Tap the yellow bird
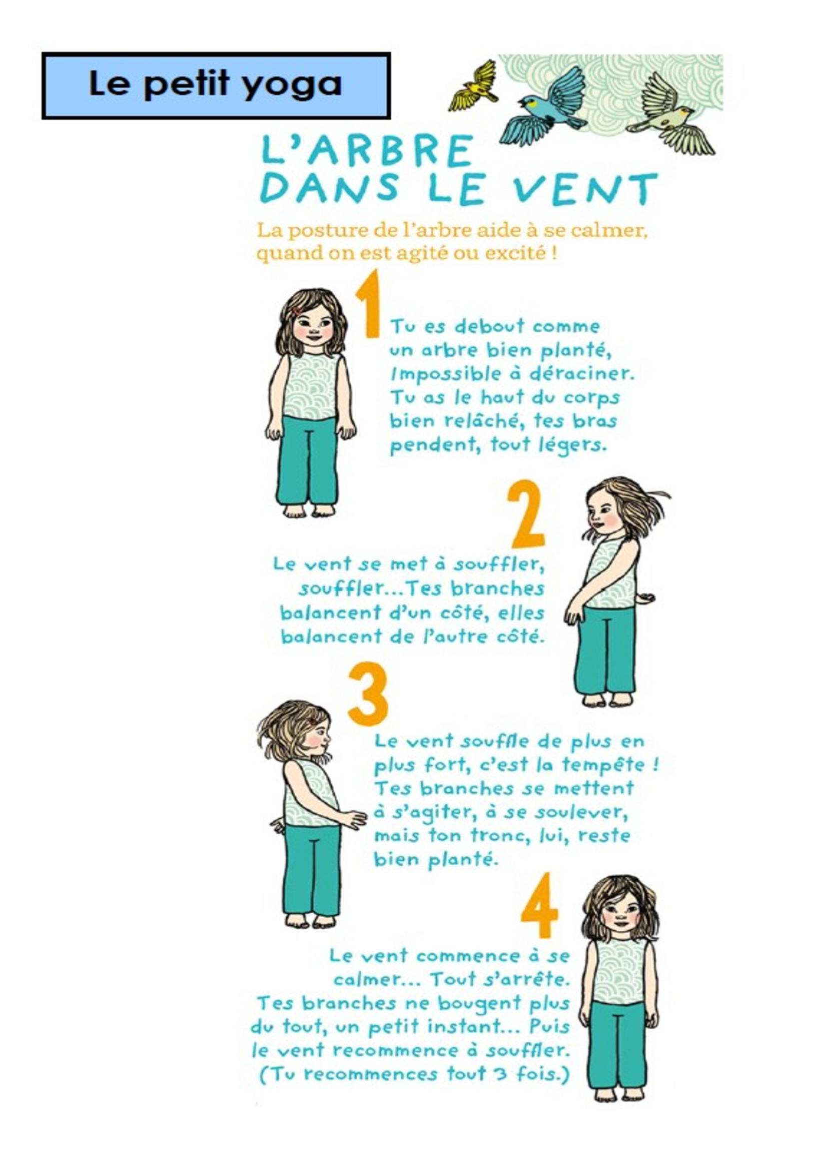click(x=473, y=86)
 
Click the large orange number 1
click(x=368, y=304)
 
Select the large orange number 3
click(x=368, y=695)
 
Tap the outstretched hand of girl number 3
click(x=355, y=818)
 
